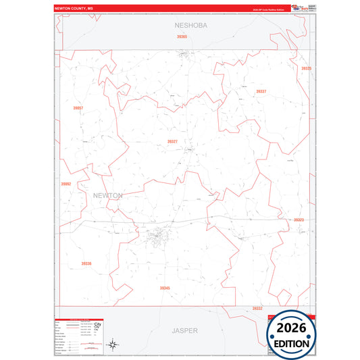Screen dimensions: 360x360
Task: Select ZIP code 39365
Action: click(x=182, y=36)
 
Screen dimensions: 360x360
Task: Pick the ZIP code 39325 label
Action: click(x=307, y=68)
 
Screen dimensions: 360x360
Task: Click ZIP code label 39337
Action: click(x=261, y=91)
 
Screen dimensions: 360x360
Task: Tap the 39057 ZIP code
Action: click(x=78, y=108)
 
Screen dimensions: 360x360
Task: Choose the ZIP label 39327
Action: click(x=172, y=141)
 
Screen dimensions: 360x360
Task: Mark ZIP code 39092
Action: click(x=66, y=184)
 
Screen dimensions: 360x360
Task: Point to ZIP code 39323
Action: click(x=299, y=220)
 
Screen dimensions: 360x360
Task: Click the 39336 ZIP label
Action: click(x=86, y=263)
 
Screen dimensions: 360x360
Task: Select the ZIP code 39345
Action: click(x=165, y=288)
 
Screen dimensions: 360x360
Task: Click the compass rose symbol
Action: click(x=115, y=344)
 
